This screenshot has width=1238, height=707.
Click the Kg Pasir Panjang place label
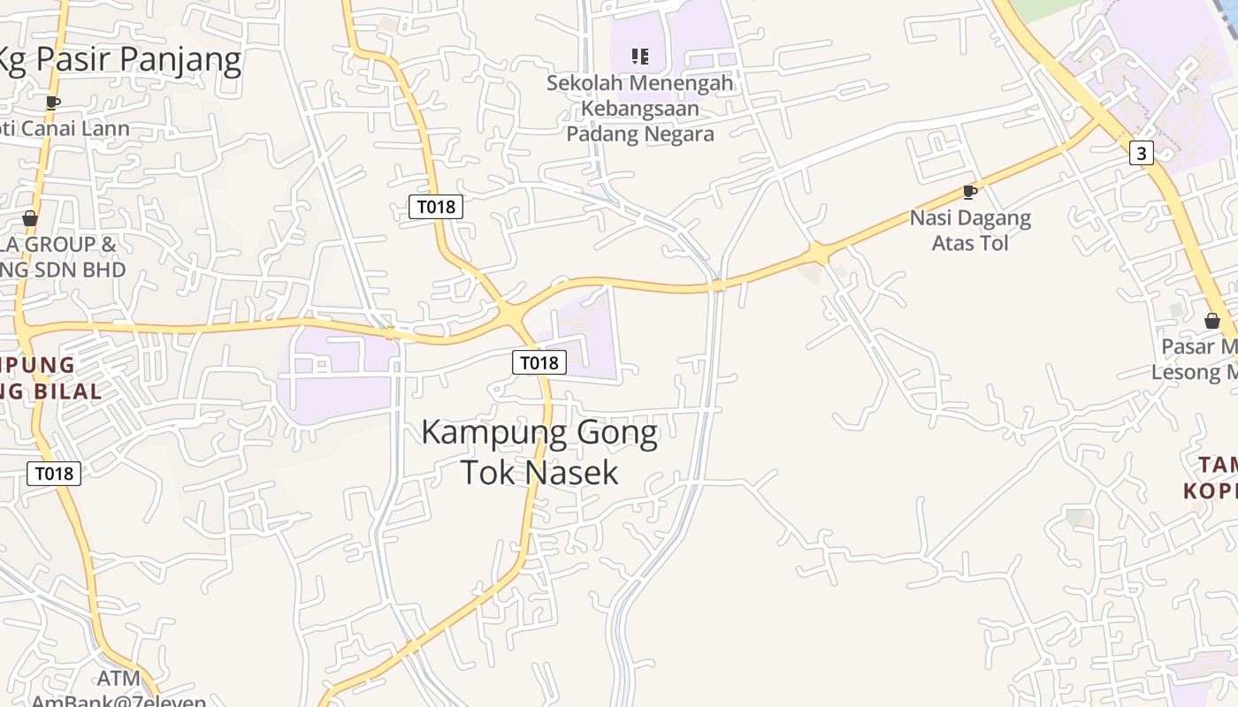(119, 59)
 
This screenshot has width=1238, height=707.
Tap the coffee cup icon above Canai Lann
(53, 103)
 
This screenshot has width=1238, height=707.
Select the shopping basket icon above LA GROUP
(30, 218)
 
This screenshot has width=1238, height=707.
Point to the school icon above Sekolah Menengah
(640, 57)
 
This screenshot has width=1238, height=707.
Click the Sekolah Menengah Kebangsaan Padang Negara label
(640, 109)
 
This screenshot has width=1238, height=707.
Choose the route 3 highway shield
(1142, 153)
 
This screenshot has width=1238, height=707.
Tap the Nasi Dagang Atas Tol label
(970, 230)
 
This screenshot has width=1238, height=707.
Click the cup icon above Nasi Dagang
(970, 192)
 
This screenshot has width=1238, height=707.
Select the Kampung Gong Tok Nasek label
(539, 452)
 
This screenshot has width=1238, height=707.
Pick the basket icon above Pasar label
(1212, 321)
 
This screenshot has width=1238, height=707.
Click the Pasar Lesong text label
(1194, 359)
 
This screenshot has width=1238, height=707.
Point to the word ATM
(118, 679)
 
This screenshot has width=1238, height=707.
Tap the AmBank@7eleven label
(118, 701)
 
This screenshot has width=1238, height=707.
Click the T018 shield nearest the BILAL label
(54, 474)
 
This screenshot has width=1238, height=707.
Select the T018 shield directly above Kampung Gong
(539, 362)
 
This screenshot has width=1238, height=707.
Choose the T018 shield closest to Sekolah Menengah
(436, 207)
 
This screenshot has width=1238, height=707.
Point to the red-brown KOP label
(1211, 490)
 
